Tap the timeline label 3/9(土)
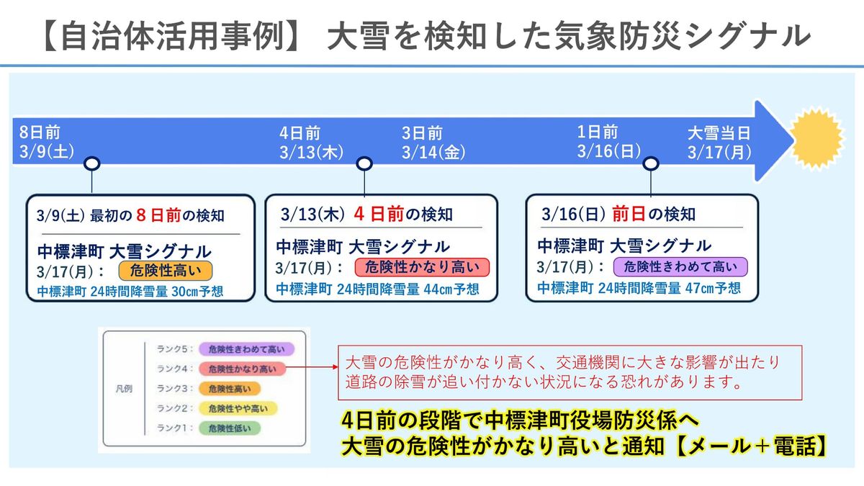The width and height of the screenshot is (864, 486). click(48, 152)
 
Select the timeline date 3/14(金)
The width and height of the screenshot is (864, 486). click(433, 152)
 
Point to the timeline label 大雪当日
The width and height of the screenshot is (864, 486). click(718, 133)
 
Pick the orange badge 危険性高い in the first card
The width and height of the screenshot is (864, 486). click(166, 271)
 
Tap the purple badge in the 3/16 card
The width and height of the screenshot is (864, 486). click(680, 267)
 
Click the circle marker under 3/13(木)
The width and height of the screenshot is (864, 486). click(364, 164)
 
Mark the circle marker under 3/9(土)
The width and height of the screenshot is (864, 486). click(92, 164)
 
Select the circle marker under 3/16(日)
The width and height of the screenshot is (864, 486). click(651, 164)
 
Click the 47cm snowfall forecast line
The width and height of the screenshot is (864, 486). click(639, 288)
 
